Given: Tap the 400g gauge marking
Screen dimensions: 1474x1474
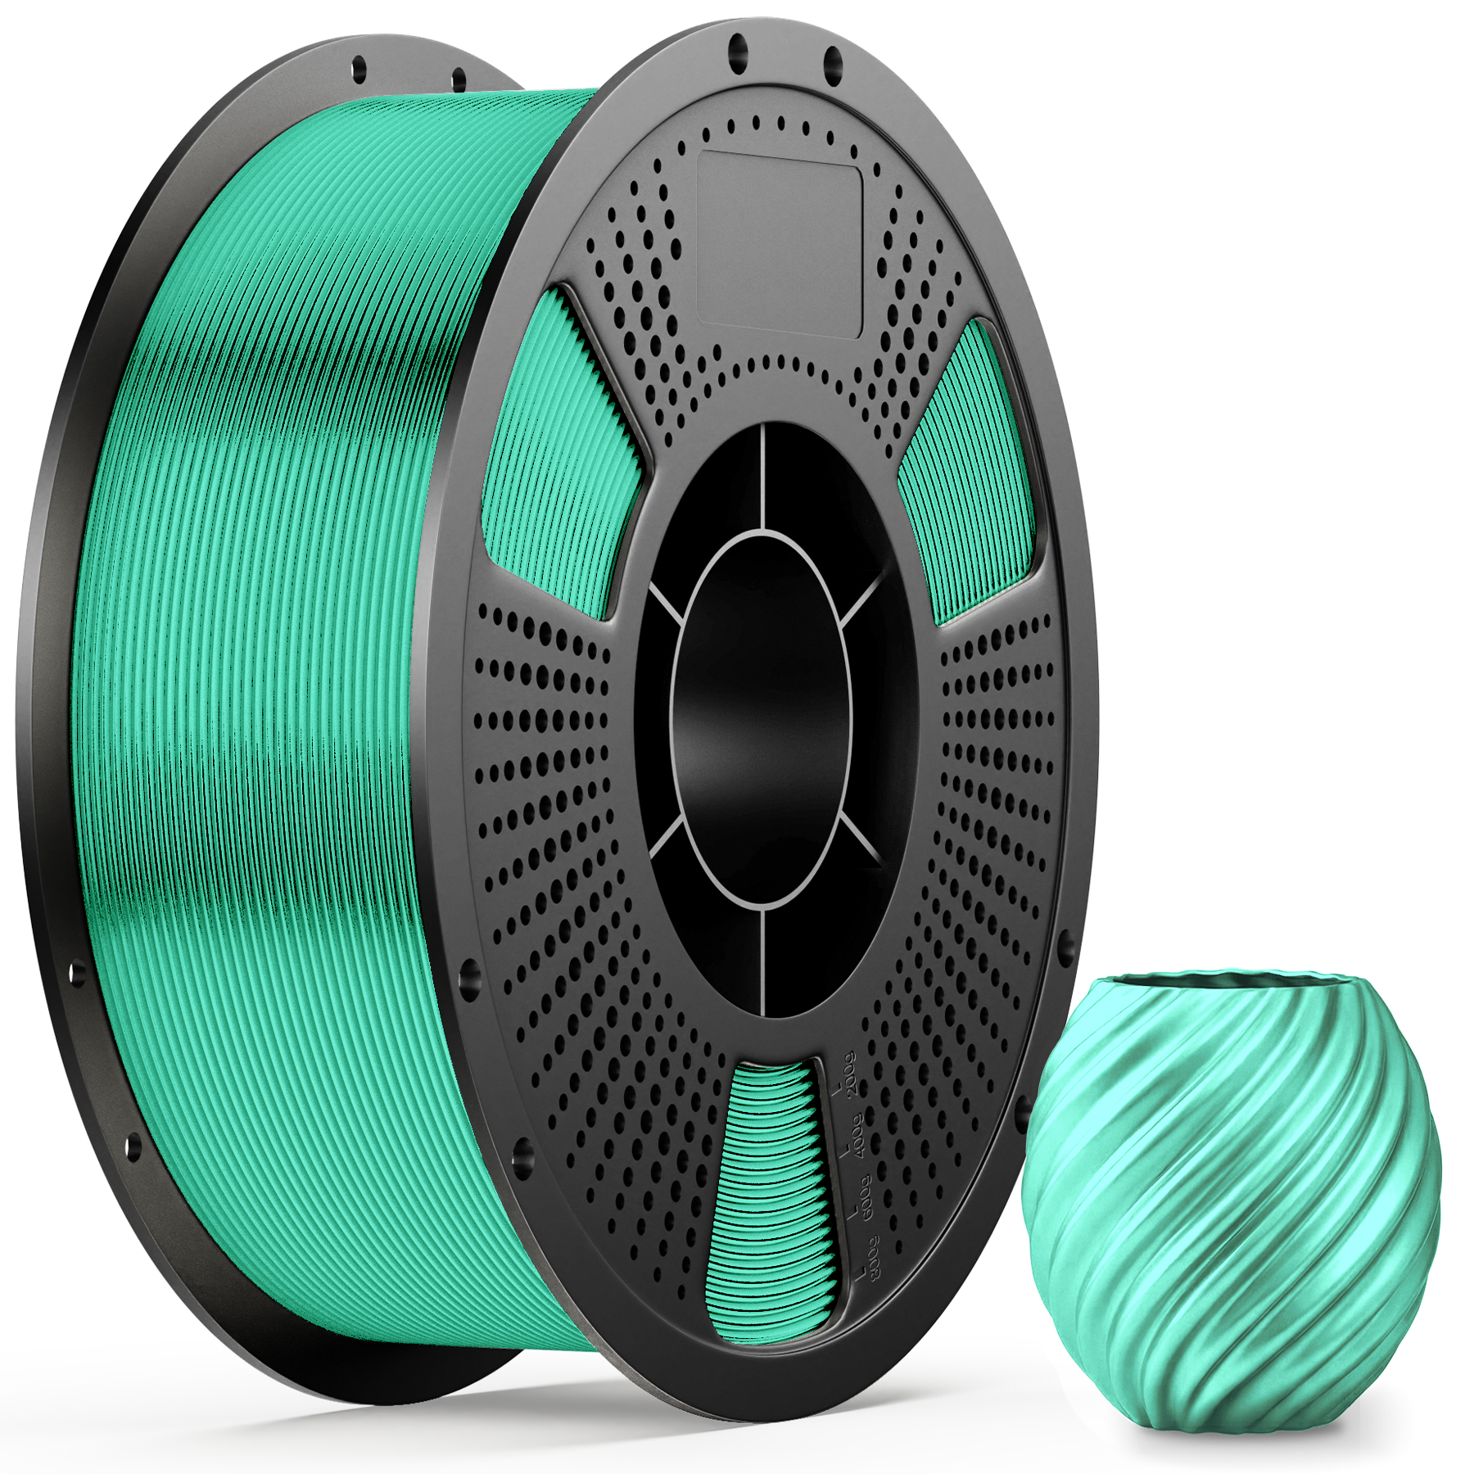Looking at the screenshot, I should coord(855,1133).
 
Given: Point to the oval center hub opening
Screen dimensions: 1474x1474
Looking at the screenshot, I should coord(762,721).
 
